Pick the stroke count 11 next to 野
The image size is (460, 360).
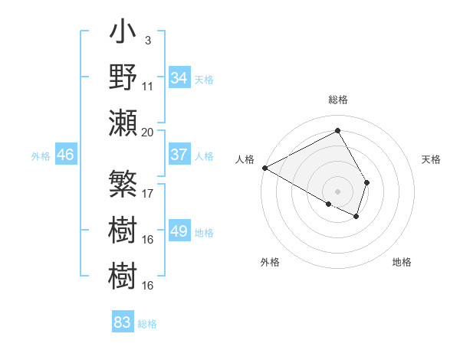pyautogui.click(x=148, y=87)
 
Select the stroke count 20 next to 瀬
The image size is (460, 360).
pyautogui.click(x=148, y=132)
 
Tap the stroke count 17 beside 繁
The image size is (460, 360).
pyautogui.click(x=148, y=194)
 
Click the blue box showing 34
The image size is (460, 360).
pyautogui.click(x=179, y=78)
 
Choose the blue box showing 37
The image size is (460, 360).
pyautogui.click(x=179, y=155)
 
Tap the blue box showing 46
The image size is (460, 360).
pyautogui.click(x=65, y=155)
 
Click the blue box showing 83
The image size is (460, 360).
pyautogui.click(x=123, y=322)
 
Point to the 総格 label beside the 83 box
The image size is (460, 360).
pyautogui.click(x=147, y=324)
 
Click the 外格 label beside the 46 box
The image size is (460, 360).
pyautogui.click(x=41, y=156)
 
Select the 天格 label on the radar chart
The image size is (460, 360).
pyautogui.click(x=432, y=159)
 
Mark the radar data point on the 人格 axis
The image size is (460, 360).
pyautogui.click(x=264, y=168)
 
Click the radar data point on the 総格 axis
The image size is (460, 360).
pyautogui.click(x=337, y=131)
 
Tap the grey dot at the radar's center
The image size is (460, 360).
pyautogui.click(x=337, y=191)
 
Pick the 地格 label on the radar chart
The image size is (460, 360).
pyautogui.click(x=402, y=262)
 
